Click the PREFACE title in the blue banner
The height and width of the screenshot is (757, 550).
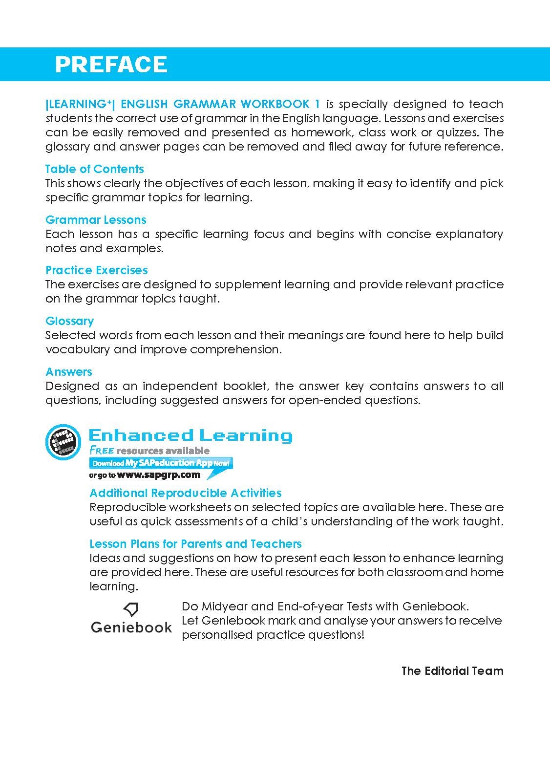click(x=111, y=65)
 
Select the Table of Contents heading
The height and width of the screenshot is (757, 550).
click(x=94, y=169)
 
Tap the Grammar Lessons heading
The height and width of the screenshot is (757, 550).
click(x=96, y=220)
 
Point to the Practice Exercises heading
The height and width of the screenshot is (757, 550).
click(x=96, y=270)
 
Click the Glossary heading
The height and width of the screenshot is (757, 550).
click(x=69, y=321)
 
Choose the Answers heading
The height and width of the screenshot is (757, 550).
click(x=69, y=372)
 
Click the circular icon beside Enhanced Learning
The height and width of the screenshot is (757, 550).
click(x=63, y=442)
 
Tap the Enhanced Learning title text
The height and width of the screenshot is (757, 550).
click(x=190, y=435)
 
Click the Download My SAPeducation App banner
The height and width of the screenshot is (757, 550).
click(x=160, y=463)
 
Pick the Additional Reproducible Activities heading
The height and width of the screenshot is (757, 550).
click(x=186, y=493)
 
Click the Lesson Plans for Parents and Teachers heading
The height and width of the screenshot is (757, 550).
click(x=195, y=544)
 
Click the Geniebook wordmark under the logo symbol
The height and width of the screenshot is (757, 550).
click(x=131, y=627)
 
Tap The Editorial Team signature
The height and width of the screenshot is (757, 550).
click(x=452, y=671)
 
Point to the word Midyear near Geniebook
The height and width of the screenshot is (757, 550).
click(x=228, y=606)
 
